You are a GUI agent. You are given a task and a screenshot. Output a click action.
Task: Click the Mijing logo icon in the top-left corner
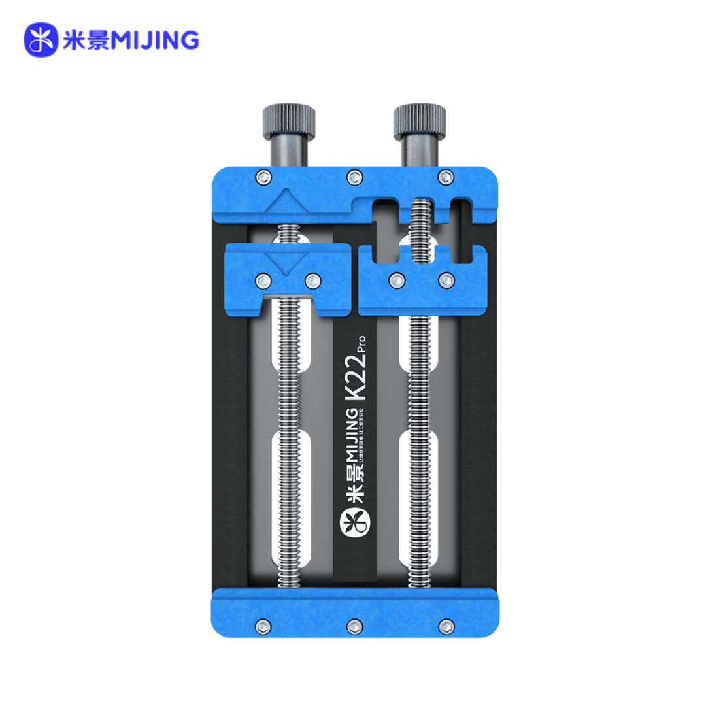(42, 41)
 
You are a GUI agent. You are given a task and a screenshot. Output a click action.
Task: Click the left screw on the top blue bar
(262, 175)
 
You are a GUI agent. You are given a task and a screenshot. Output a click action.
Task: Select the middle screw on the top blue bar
(354, 175)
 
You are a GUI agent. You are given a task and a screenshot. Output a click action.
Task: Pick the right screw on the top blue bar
(446, 175)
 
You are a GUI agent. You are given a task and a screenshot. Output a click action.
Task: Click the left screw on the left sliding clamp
(263, 280)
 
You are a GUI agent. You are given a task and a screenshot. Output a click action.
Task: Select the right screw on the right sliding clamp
(446, 280)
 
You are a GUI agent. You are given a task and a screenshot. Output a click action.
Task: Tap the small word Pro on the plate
(361, 343)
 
